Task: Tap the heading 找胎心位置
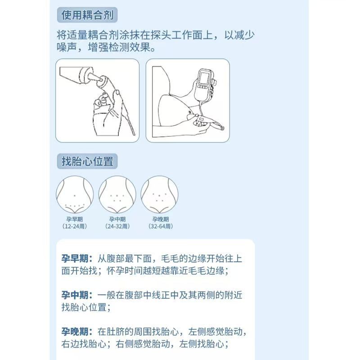87,161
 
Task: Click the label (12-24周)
75,226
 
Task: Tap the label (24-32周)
117,226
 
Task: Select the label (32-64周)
159,226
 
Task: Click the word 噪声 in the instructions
67,47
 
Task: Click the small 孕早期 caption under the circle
75,219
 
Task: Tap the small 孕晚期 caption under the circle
159,219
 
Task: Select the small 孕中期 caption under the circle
117,219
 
